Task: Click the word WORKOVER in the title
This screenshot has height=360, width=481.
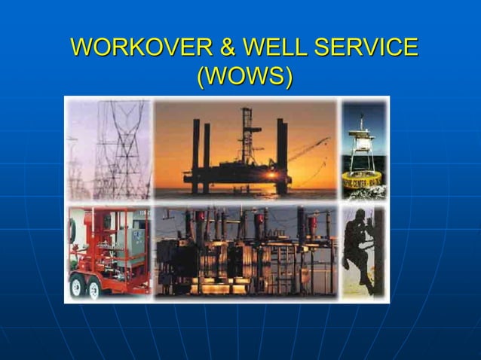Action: click(x=142, y=47)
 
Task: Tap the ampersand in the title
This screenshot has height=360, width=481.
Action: click(x=227, y=47)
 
